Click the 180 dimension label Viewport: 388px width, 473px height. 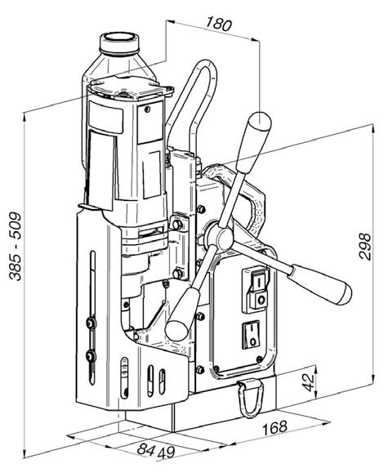(219, 24)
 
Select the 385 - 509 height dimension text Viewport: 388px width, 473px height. (15, 247)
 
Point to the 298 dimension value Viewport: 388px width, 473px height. (365, 246)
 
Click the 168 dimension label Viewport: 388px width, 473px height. (274, 427)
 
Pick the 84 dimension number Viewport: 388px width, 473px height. (146, 449)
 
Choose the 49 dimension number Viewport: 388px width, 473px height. (166, 453)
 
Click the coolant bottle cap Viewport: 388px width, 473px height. (119, 43)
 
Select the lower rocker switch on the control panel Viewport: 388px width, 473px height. (251, 335)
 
